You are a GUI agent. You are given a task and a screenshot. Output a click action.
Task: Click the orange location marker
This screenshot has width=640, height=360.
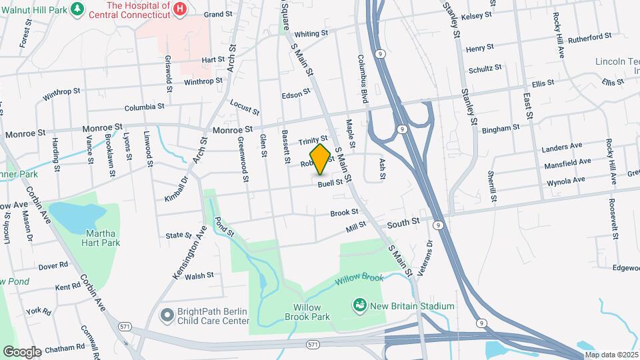321,159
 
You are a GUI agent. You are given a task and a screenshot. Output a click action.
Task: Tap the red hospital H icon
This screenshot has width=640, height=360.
179,9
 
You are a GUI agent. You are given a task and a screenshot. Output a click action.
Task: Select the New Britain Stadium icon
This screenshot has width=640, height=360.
360,305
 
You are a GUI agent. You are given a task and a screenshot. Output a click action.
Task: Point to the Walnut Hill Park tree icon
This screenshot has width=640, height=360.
78,8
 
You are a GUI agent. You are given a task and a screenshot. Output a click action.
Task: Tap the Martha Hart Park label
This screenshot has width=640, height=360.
102,238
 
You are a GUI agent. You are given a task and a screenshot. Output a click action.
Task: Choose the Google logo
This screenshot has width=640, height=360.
22,351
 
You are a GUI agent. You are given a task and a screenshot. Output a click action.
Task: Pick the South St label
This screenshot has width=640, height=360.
406,221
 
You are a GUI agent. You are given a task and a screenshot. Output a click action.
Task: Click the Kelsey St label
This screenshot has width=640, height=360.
476,14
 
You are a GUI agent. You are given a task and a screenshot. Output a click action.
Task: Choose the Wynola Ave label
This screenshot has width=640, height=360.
565,180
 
